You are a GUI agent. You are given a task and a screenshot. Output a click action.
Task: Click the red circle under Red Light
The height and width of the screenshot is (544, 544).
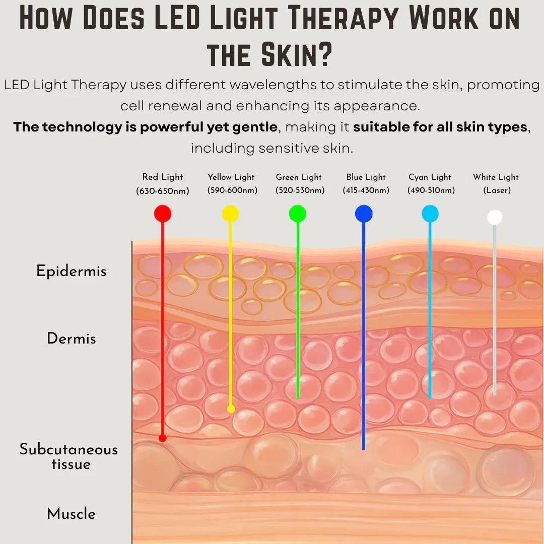(x=163, y=214)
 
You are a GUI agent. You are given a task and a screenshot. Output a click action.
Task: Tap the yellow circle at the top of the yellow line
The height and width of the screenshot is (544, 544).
(x=230, y=214)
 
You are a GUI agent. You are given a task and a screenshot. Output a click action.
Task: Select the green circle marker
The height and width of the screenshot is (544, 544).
(x=297, y=214)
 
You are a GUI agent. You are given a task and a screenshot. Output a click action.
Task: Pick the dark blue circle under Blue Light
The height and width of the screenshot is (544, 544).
(x=364, y=214)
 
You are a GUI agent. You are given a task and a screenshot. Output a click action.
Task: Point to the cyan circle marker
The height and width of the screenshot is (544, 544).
(x=430, y=214)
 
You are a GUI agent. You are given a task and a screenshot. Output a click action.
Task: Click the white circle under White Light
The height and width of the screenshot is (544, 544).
(x=495, y=217)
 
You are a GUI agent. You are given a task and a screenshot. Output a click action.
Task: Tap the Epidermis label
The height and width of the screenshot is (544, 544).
(x=72, y=271)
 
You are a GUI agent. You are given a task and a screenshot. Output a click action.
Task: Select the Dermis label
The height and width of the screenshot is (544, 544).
(x=72, y=338)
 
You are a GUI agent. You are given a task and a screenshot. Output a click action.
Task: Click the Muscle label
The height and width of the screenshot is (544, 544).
(x=72, y=514)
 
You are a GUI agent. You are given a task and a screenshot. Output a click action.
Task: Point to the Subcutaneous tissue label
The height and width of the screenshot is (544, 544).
(x=69, y=456)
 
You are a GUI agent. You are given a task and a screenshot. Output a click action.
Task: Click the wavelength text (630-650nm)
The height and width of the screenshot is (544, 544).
(x=163, y=191)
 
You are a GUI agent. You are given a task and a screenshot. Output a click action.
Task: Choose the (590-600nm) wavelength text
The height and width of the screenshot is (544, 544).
(x=232, y=190)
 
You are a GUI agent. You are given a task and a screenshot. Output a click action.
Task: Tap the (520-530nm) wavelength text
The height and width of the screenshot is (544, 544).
(x=300, y=190)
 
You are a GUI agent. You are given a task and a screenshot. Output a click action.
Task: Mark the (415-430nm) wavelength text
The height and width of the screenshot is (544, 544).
(x=366, y=190)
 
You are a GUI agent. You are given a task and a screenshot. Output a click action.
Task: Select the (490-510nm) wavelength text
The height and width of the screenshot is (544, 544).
(x=431, y=190)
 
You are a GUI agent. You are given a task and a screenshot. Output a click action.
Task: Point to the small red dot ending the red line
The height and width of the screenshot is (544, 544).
(x=162, y=438)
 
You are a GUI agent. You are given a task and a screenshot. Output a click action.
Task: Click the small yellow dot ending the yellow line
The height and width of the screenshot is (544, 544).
(x=231, y=409)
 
